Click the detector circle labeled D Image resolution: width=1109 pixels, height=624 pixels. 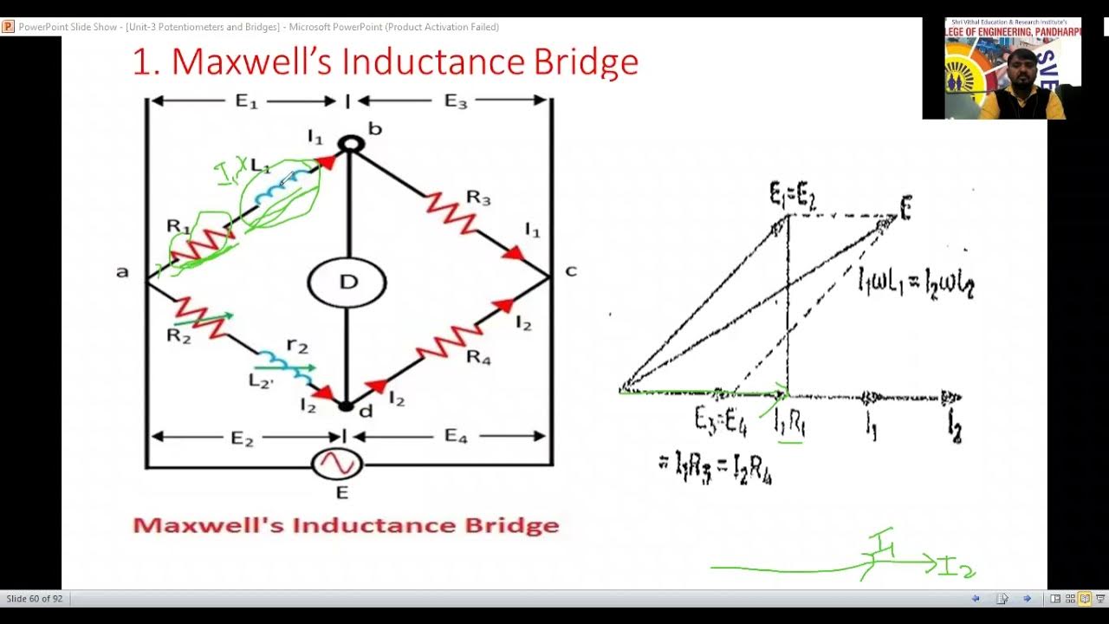coord(347,282)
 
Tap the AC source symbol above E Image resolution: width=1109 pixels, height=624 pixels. coord(336,465)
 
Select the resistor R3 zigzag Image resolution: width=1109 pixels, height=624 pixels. coord(451,213)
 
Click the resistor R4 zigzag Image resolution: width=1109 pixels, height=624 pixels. coord(449,341)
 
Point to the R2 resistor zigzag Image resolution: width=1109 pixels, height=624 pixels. coord(202,318)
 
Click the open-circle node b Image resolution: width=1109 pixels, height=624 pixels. coord(350,143)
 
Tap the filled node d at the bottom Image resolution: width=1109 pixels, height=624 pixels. coord(346,405)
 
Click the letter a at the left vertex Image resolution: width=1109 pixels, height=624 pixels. coord(122,272)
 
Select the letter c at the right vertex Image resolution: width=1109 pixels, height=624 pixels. coord(570,271)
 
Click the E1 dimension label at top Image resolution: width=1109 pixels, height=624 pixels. coord(247,101)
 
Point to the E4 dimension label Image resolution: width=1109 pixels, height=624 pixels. coord(456,436)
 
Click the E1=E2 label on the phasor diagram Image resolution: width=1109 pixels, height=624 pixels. coord(793,196)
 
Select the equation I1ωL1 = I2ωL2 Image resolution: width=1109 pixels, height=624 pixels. coord(915,283)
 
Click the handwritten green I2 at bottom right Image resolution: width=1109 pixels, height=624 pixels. coord(957,568)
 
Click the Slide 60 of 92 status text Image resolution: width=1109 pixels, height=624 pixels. coord(35,599)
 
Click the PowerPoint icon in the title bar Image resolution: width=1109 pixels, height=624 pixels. coord(8,27)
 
